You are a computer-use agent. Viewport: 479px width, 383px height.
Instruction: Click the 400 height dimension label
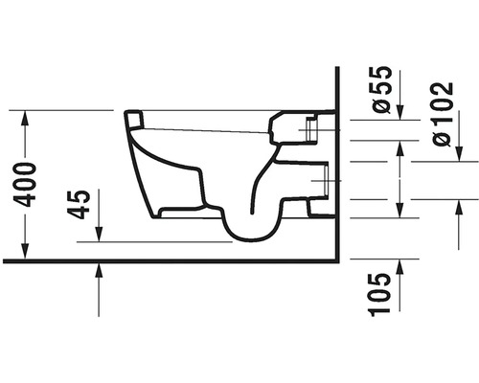[25, 185]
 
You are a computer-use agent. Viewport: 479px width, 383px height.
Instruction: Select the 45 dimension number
[79, 205]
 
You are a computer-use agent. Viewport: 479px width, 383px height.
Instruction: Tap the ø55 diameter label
[382, 89]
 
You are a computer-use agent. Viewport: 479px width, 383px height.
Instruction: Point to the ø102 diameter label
[443, 114]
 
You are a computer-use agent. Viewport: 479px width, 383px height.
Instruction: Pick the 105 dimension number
[379, 294]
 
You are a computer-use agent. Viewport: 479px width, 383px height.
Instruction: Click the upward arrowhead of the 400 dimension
[25, 118]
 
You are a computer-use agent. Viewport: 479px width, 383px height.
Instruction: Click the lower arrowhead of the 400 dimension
[25, 251]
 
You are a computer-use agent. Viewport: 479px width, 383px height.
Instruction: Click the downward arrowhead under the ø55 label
[400, 112]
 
